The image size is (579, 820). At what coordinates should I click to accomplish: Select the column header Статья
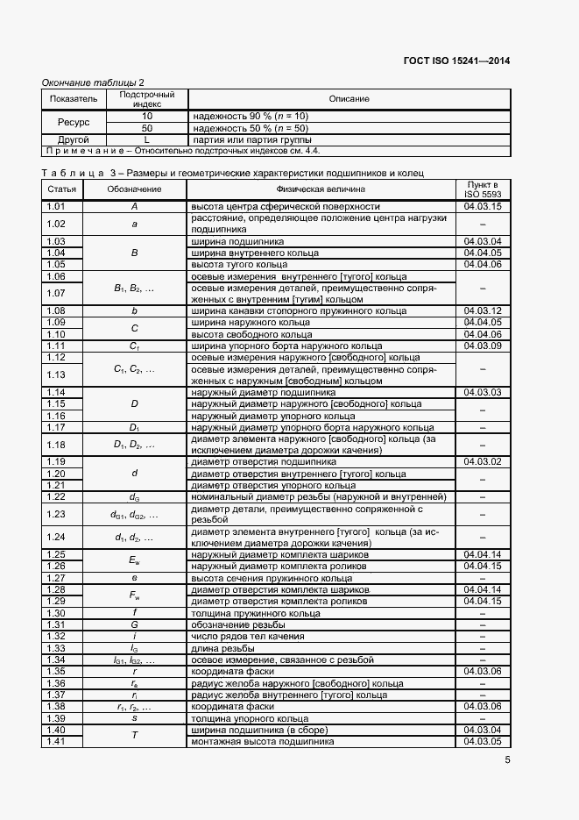tap(62, 189)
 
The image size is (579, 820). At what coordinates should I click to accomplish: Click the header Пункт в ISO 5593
tap(484, 189)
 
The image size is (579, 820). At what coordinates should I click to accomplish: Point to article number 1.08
tap(57, 310)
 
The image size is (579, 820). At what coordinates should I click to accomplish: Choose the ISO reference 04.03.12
tap(484, 310)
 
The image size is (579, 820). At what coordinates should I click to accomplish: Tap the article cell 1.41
tap(57, 741)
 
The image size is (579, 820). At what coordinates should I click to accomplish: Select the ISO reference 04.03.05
tap(484, 741)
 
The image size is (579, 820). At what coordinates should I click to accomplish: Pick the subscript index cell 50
tap(147, 128)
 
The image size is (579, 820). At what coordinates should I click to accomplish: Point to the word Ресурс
tap(74, 122)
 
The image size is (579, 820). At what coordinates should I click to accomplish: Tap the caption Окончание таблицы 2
tap(94, 82)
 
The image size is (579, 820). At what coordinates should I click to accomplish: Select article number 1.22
tap(57, 497)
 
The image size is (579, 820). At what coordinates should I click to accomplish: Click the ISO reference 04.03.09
tap(484, 346)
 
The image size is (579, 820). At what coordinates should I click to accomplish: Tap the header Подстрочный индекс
tap(147, 98)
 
